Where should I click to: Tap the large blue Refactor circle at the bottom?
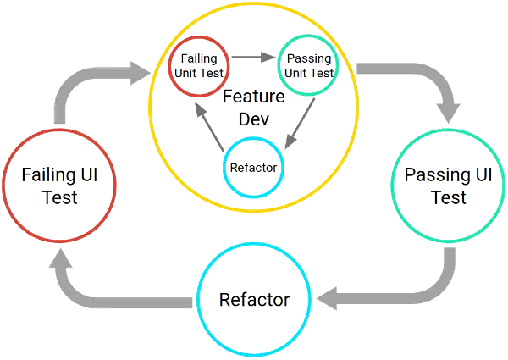255,299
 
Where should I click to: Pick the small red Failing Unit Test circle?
199,64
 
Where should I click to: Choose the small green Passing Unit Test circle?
308,64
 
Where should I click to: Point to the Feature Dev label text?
253,108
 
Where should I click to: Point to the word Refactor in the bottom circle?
255,299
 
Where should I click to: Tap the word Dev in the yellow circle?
253,119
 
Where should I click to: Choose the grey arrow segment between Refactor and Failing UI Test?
127,299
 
